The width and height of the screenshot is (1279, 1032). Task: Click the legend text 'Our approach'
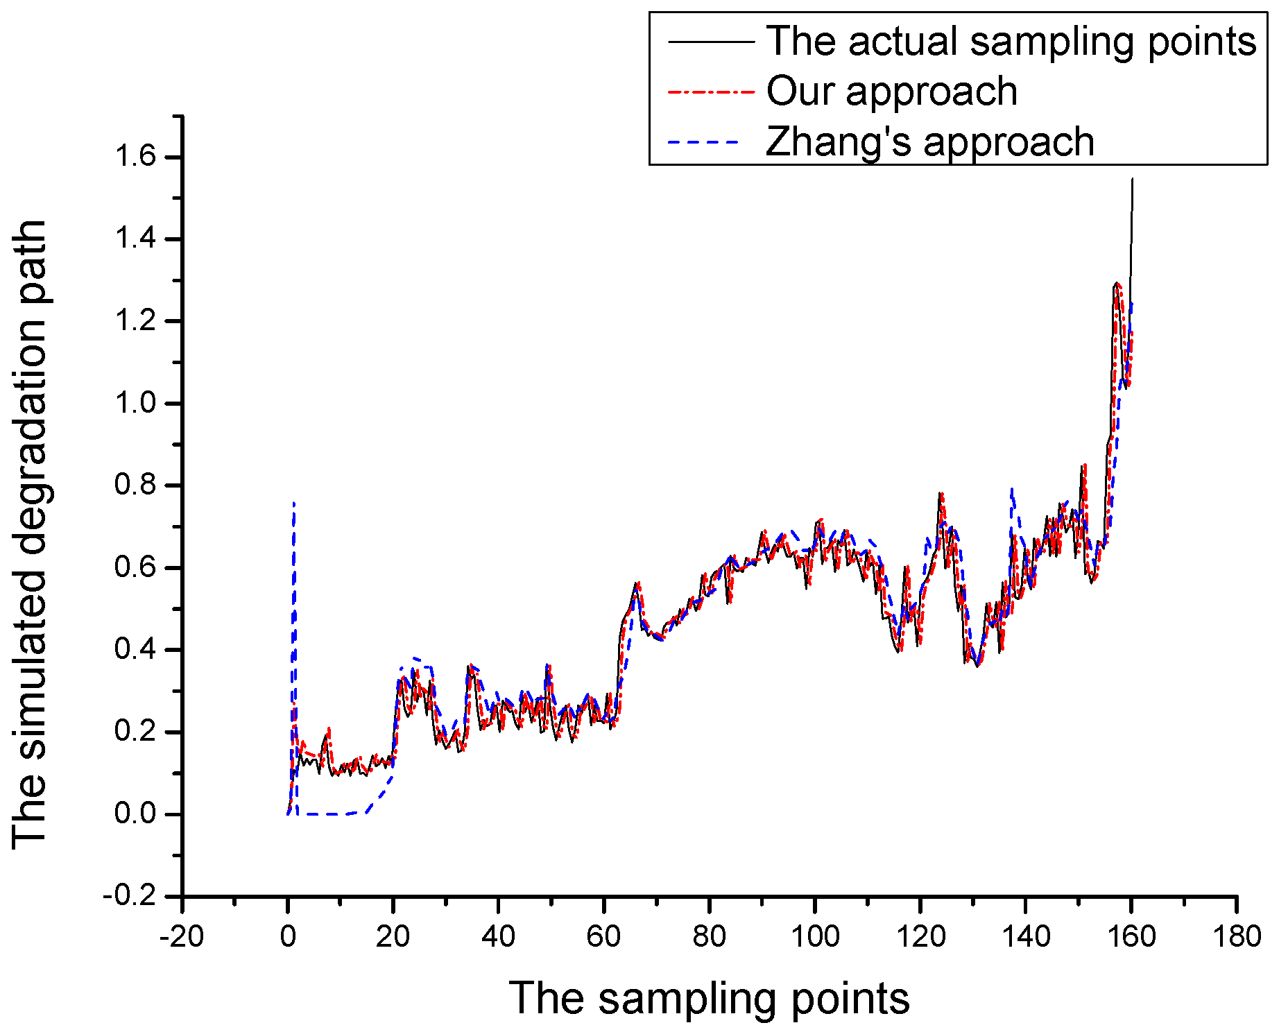(x=891, y=92)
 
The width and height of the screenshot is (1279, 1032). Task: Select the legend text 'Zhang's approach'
(x=929, y=141)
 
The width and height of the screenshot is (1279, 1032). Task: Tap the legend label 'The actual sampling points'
(x=1011, y=41)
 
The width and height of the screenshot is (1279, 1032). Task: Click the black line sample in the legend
(x=710, y=42)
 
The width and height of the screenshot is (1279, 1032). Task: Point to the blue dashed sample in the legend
(x=710, y=142)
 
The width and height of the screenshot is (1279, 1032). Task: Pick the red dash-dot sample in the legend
(x=710, y=92)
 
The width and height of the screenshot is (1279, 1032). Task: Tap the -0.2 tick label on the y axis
(x=130, y=896)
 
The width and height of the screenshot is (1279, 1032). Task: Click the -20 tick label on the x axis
(x=181, y=937)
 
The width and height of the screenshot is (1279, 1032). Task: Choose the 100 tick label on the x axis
(x=814, y=937)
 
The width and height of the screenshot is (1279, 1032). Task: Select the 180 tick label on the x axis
(x=1237, y=937)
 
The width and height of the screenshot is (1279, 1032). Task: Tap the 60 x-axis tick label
(x=603, y=937)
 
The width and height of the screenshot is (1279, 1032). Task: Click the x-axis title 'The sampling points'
(x=709, y=999)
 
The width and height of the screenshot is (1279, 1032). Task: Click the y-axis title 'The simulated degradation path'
(x=29, y=534)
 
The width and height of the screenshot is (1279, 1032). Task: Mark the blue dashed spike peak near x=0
(x=294, y=502)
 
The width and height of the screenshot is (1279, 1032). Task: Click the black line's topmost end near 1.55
(x=1132, y=179)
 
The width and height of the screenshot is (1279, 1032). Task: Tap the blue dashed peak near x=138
(x=1012, y=488)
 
